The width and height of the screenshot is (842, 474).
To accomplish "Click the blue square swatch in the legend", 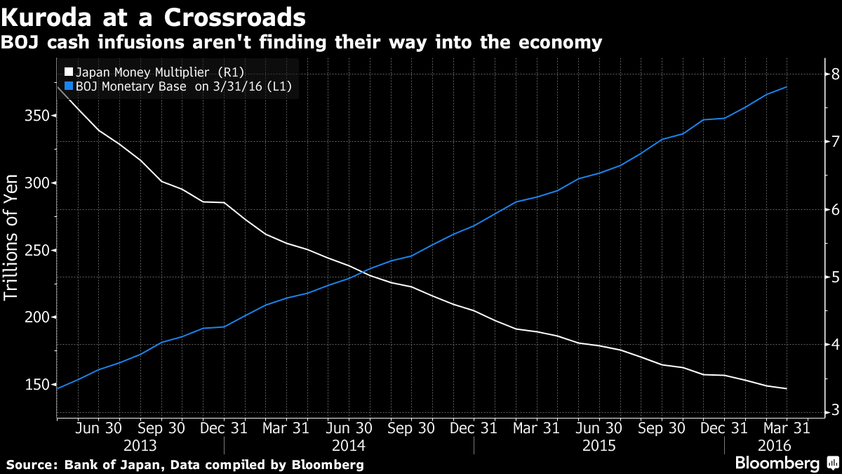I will [68, 86].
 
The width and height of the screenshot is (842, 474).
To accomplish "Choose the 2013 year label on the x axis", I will [140, 446].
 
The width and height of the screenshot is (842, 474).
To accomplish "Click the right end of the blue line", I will [787, 87].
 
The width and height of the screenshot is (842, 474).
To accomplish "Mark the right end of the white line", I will [787, 388].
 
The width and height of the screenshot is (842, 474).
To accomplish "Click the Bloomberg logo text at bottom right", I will [777, 463].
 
